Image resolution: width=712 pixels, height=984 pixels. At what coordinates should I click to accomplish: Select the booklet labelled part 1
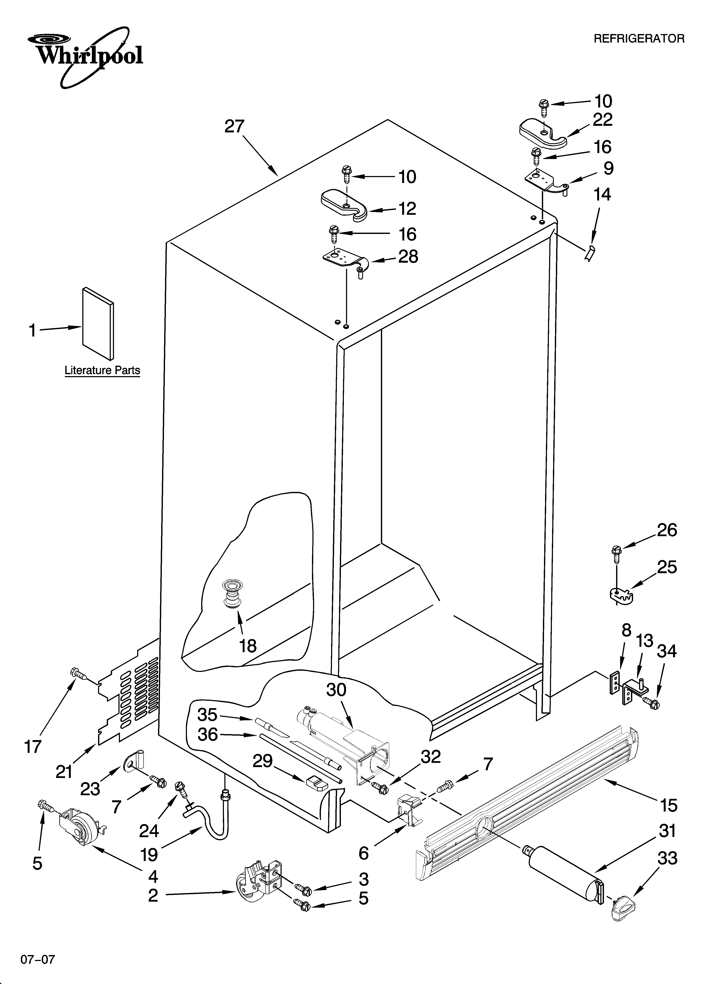click(x=98, y=324)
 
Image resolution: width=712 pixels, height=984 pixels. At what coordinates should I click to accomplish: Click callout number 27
click(x=235, y=127)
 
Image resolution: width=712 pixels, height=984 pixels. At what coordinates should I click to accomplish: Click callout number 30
click(x=336, y=690)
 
